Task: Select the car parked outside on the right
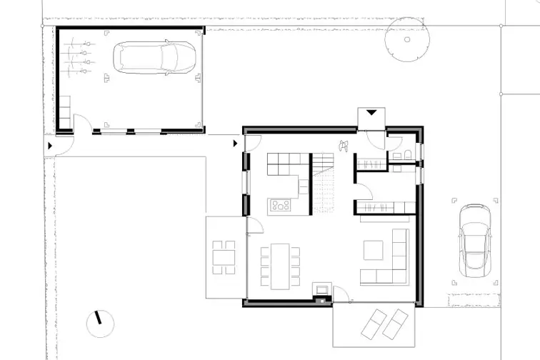click(474, 240)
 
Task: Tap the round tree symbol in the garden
click(407, 39)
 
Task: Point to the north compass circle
click(99, 326)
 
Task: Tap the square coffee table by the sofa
click(373, 249)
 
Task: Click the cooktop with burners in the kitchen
click(280, 206)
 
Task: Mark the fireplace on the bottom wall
click(323, 291)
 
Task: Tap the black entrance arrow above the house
click(371, 112)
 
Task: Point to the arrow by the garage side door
click(49, 145)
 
